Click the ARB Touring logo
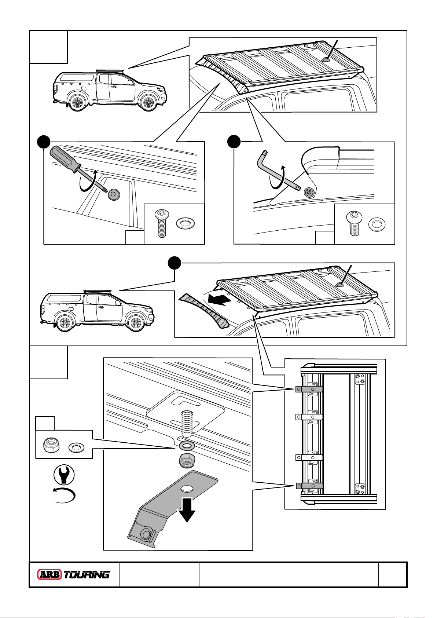[74, 574]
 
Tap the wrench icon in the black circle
[64, 475]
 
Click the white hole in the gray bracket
[187, 489]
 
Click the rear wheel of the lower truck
[65, 323]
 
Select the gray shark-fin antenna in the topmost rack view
[326, 60]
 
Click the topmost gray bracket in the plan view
[309, 389]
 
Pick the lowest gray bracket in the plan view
[309, 486]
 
